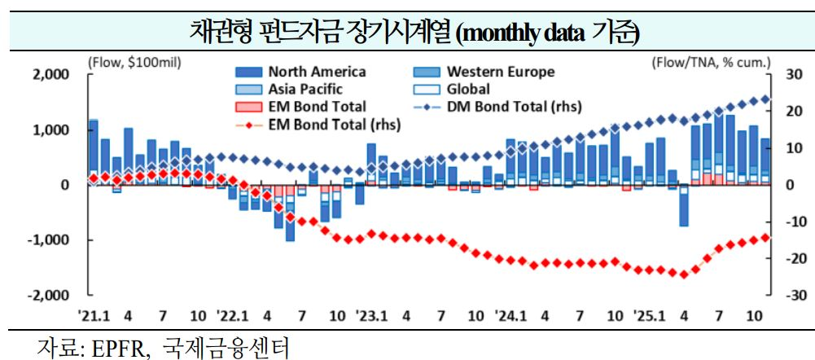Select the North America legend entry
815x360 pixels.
(x=317, y=72)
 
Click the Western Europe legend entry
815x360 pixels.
(x=500, y=72)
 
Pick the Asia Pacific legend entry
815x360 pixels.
(x=305, y=89)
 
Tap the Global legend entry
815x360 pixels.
(x=468, y=89)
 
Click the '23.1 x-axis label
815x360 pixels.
(x=371, y=314)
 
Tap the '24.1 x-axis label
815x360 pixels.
(x=511, y=314)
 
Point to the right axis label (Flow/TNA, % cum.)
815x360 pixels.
(x=711, y=61)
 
